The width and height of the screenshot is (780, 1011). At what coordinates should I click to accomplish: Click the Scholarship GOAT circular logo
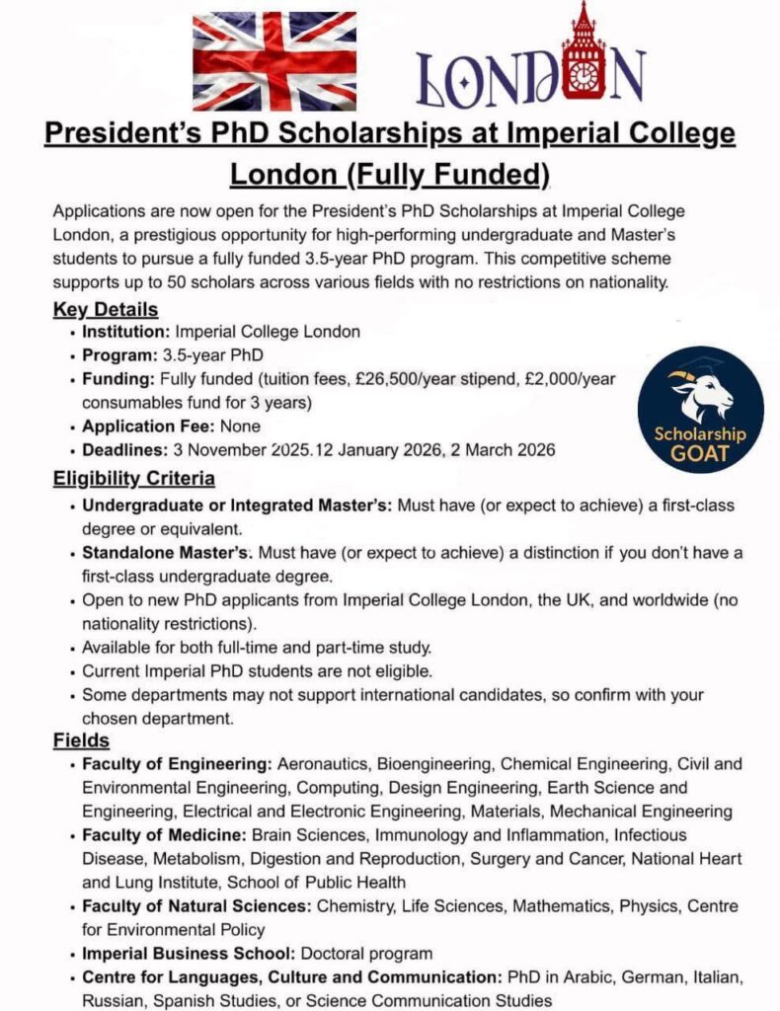700,409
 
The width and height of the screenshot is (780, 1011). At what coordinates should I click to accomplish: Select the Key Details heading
105,310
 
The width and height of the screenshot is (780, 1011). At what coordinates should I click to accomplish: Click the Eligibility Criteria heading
133,480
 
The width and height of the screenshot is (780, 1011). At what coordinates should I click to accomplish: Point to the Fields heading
81,739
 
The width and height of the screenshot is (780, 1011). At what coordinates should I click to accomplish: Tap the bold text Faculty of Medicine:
167,835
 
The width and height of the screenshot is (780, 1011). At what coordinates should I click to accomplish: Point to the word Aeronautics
322,764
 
